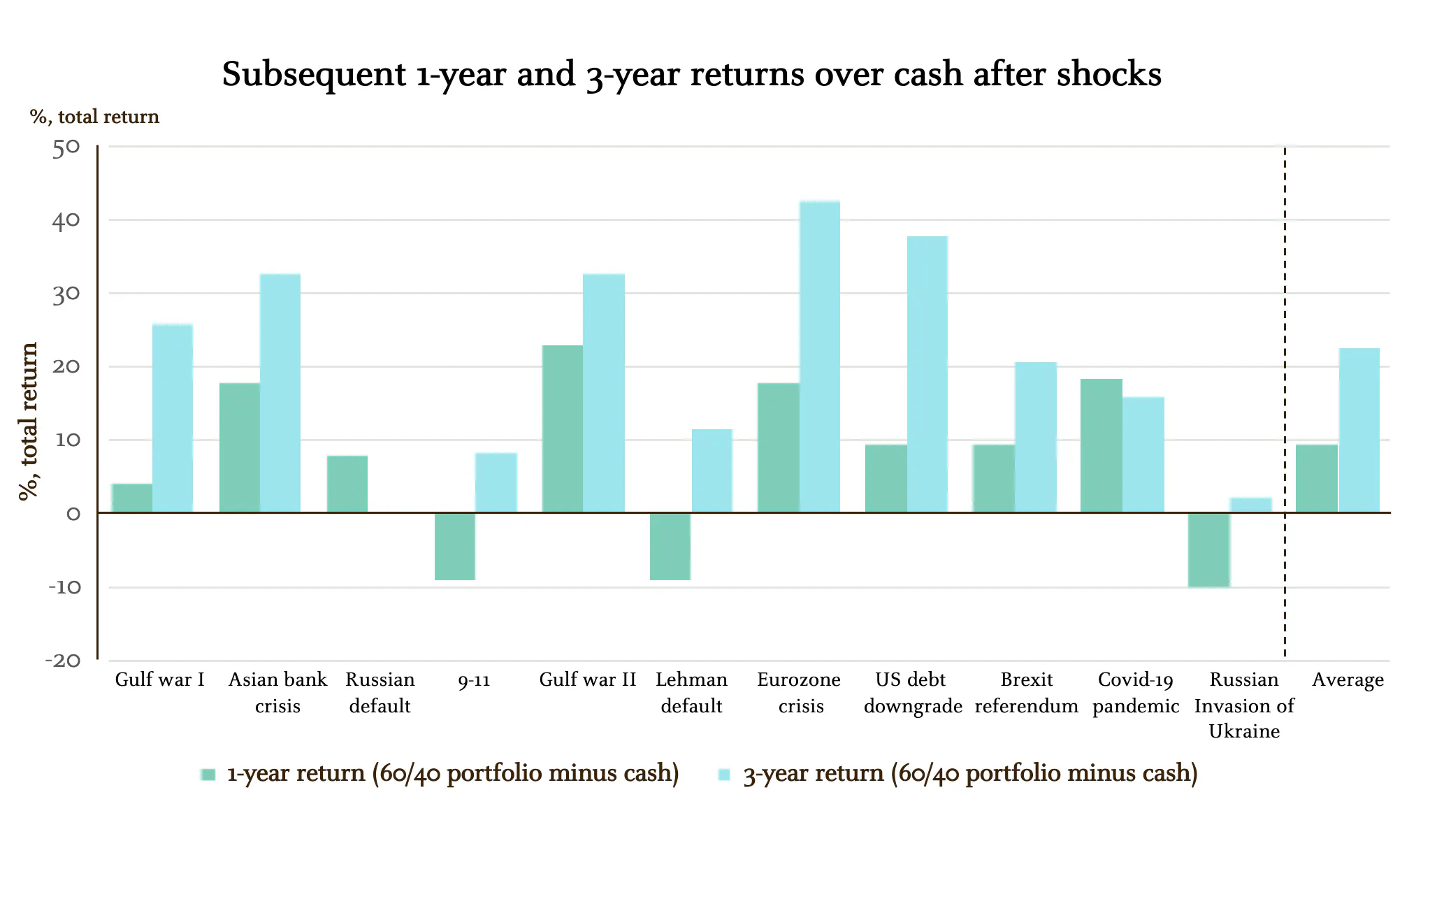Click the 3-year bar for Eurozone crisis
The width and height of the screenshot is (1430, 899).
point(819,357)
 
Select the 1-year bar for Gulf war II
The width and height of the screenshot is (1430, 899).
point(562,429)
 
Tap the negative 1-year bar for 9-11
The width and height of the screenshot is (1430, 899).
point(454,546)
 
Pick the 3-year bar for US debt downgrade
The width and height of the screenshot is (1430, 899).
point(927,374)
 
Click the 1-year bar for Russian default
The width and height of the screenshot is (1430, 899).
point(347,484)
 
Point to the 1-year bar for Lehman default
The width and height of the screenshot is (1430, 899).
point(670,546)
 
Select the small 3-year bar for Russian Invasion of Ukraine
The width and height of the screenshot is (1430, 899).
point(1250,505)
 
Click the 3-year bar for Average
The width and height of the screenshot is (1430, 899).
point(1359,430)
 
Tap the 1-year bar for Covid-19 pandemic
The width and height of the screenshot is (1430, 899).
point(1101,445)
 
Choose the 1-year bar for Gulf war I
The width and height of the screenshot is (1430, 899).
point(131,498)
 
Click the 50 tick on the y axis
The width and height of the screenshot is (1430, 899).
point(66,148)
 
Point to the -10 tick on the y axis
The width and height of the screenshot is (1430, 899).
point(65,587)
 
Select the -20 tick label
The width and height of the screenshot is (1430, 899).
point(63,661)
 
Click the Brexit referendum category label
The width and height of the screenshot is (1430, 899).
point(1026,692)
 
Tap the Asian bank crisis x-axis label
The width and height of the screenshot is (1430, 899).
point(277,692)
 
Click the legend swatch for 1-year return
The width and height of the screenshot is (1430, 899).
point(208,775)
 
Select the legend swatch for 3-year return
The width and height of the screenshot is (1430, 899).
point(724,775)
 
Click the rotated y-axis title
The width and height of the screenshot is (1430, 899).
point(29,422)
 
